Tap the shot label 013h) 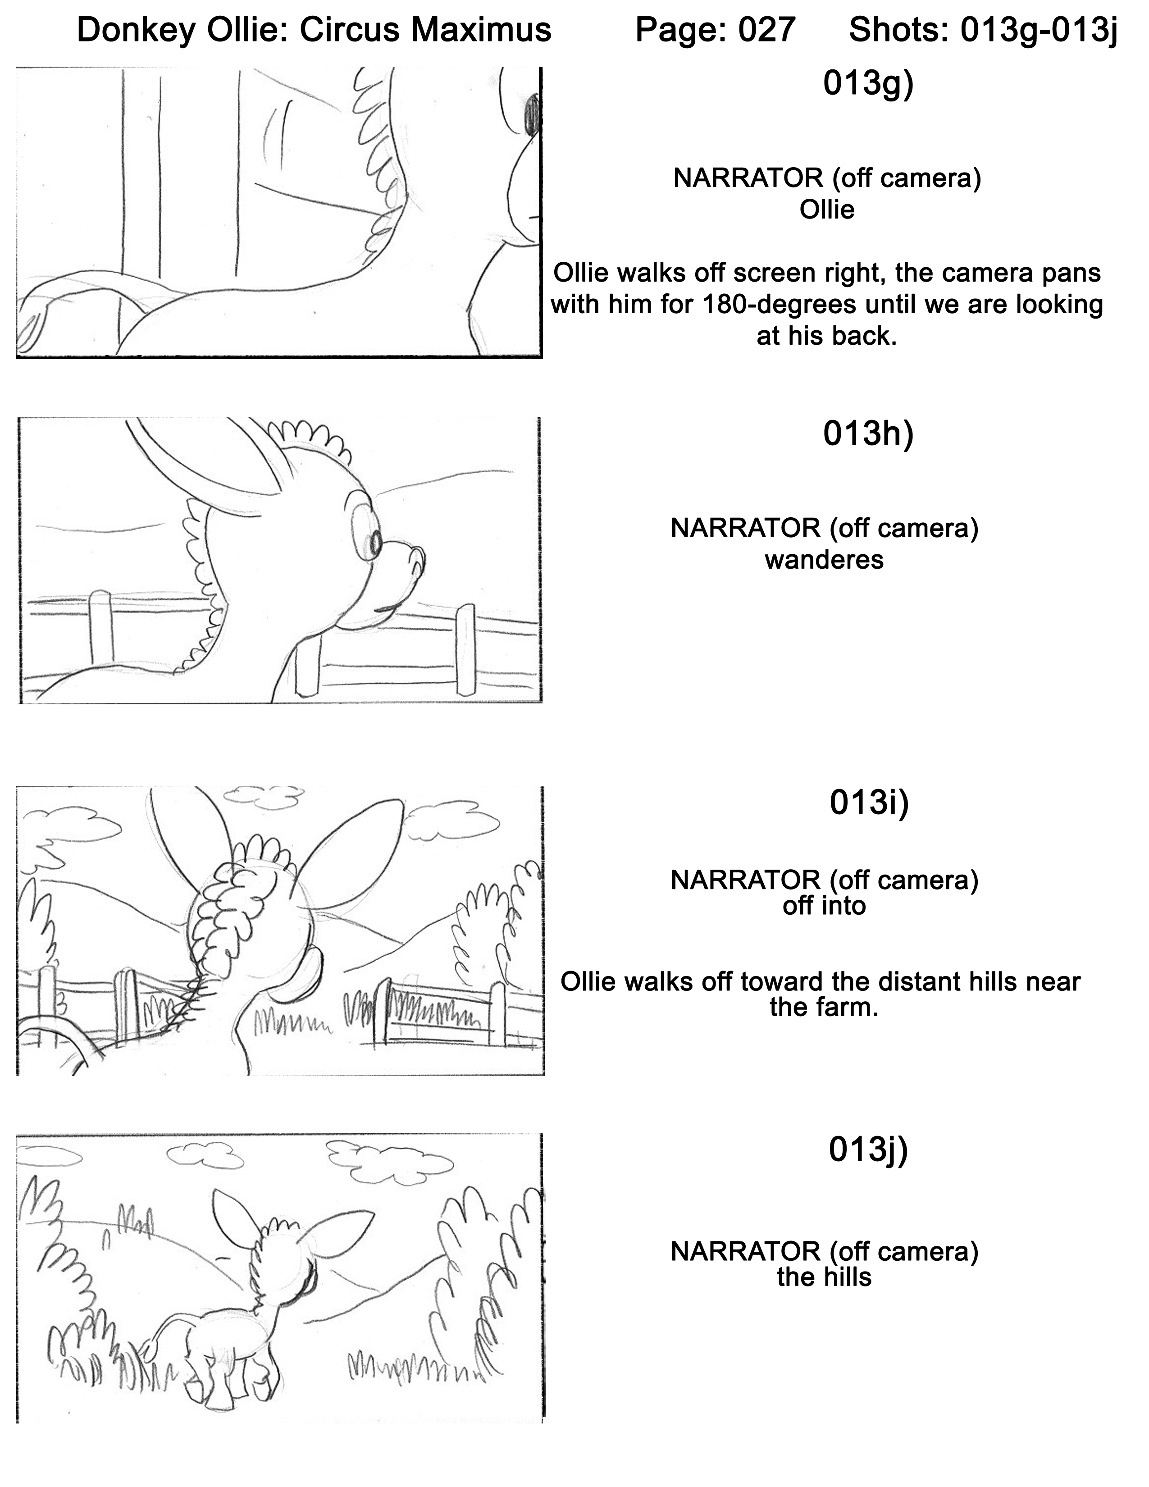point(868,433)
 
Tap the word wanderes point(824,560)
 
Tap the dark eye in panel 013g point(532,112)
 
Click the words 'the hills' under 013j point(824,1277)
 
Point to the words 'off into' point(824,906)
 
